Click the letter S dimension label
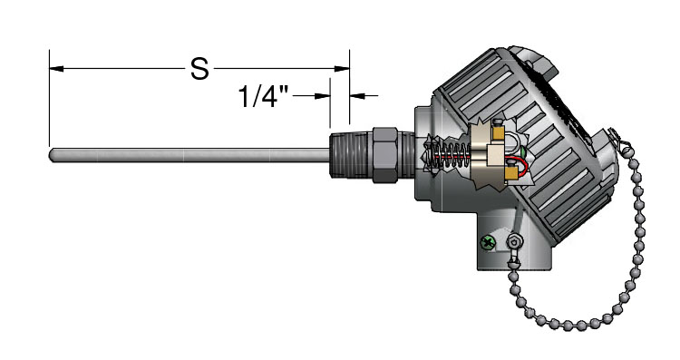pyautogui.click(x=199, y=69)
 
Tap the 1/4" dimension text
pyautogui.click(x=263, y=96)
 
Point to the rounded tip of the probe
pyautogui.click(x=52, y=155)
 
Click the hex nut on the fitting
pyautogui.click(x=384, y=154)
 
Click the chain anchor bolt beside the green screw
pyautogui.click(x=514, y=240)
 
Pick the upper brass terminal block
pyautogui.click(x=498, y=131)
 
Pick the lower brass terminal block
pyautogui.click(x=511, y=172)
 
